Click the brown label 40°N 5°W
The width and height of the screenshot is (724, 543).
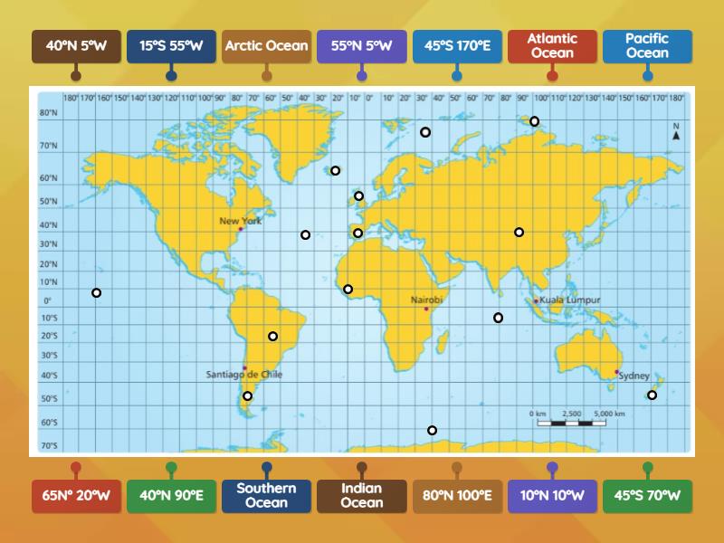coord(76,45)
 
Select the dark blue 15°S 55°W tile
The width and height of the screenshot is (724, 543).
coord(171,45)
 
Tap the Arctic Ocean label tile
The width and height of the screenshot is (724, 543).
coord(266,45)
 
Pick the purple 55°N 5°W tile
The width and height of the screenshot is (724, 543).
coord(362,45)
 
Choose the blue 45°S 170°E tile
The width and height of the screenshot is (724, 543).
coord(457,45)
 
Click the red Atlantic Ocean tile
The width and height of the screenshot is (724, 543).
coord(552,45)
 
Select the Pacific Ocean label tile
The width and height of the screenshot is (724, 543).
coord(647,45)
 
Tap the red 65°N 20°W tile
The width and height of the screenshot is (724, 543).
coord(76,496)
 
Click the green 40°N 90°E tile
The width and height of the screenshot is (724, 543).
coord(171,496)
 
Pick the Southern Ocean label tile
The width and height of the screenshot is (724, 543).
coord(266,496)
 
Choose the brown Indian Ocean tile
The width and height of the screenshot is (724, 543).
coord(362,496)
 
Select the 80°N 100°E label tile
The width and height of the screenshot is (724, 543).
coord(457,496)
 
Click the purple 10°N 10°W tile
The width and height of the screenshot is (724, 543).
coord(552,496)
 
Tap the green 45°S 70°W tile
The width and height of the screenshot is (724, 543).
coord(647,496)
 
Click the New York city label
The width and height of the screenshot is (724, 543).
coord(240,221)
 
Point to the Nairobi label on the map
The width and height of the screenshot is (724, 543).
coord(426,300)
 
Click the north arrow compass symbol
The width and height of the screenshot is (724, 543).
coord(675,132)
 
